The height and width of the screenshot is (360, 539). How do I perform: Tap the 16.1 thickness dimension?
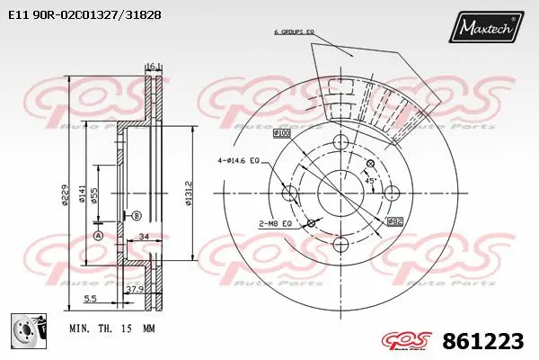(x=152, y=66)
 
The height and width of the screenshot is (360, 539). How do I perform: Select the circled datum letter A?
(x=98, y=235)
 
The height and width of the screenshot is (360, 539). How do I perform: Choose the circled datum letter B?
(x=137, y=216)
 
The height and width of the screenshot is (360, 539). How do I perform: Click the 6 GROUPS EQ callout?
(x=293, y=32)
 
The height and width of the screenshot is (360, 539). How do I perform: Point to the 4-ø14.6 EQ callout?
(x=237, y=161)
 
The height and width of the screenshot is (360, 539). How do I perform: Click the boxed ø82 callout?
(x=394, y=221)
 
